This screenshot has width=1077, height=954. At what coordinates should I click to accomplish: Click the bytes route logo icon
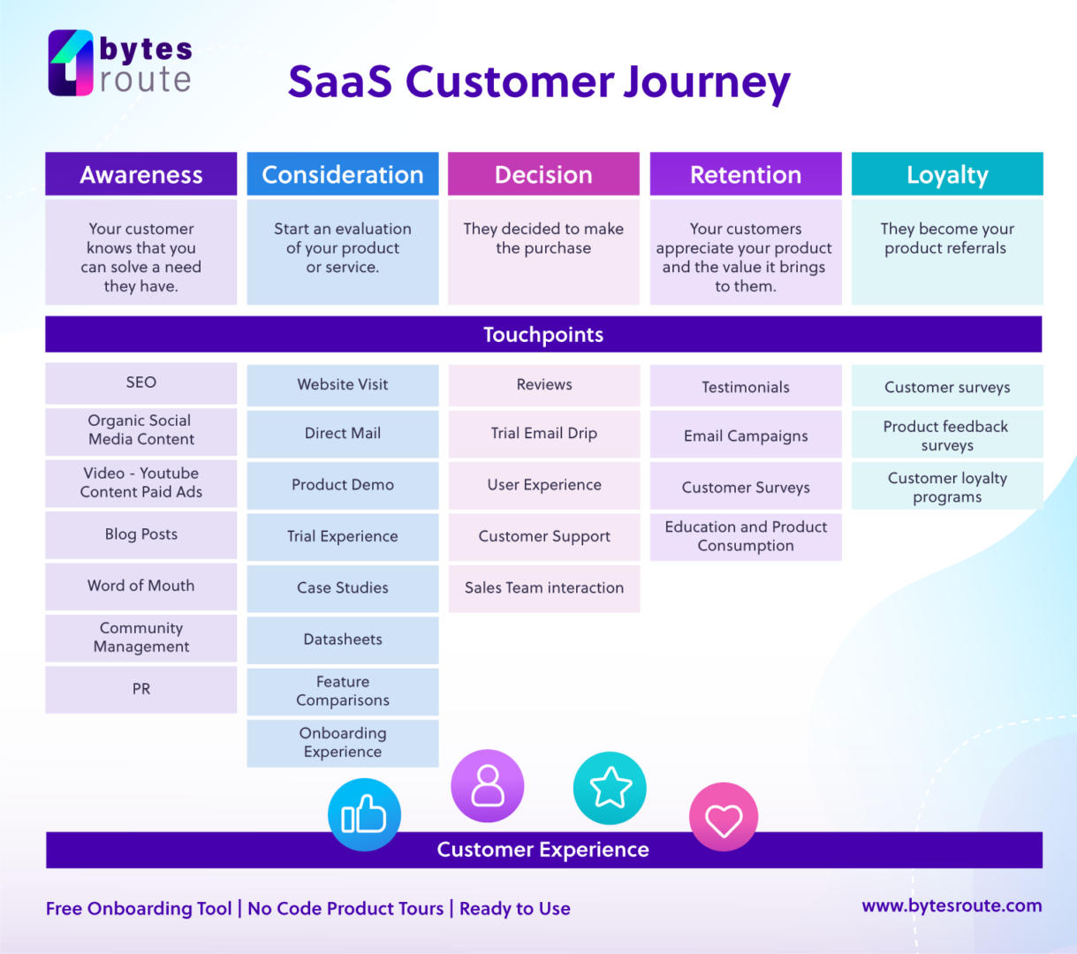(x=71, y=63)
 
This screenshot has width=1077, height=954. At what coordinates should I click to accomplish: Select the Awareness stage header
(x=141, y=174)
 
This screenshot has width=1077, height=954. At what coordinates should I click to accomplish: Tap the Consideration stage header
(x=343, y=174)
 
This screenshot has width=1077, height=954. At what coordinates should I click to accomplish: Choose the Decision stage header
(x=543, y=174)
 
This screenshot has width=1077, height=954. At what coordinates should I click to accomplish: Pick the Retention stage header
(x=746, y=174)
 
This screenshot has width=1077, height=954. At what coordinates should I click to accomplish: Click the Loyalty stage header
(x=947, y=174)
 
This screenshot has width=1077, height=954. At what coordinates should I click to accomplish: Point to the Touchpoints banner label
(x=543, y=335)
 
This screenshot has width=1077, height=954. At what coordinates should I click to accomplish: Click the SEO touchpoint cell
(x=141, y=382)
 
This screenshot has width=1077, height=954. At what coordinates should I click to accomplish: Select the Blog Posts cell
(x=141, y=534)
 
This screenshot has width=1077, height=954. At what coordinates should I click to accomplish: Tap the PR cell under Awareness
(x=141, y=689)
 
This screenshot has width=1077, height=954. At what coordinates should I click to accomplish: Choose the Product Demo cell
(x=343, y=485)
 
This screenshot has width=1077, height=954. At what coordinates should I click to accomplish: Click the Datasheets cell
(x=343, y=640)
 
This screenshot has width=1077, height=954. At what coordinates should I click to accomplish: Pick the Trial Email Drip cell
(x=544, y=434)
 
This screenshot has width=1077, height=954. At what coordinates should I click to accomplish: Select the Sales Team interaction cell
(x=544, y=588)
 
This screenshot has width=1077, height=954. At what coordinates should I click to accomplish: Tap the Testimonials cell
(x=746, y=387)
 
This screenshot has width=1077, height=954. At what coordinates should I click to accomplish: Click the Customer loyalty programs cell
(x=947, y=487)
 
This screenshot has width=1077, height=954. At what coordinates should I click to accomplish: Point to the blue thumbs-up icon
(x=364, y=814)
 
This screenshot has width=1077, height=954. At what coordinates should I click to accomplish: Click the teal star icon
(x=610, y=788)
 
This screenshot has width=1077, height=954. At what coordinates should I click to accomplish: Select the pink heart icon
(x=724, y=818)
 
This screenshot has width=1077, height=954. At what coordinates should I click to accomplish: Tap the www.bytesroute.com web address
(x=952, y=905)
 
